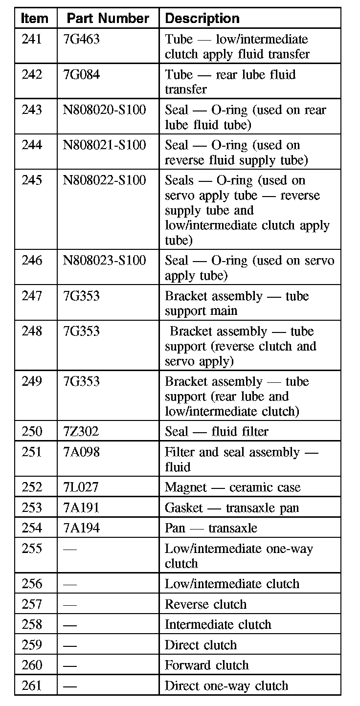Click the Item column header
tap(35, 19)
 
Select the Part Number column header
tap(108, 19)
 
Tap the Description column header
tap(202, 19)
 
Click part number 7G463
tap(81, 39)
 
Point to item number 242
tap(32, 74)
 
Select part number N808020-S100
tap(104, 110)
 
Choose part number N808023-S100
tap(104, 261)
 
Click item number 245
tap(32, 180)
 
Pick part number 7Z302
tap(81, 431)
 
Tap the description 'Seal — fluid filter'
tap(216, 431)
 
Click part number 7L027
tap(81, 487)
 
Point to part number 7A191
tap(81, 508)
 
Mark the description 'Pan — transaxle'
tap(210, 528)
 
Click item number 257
tap(32, 604)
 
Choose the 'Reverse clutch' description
tap(205, 604)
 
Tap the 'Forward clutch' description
tap(206, 665)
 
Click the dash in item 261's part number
tap(70, 686)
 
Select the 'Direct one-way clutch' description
tap(226, 686)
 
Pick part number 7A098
tap(81, 452)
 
